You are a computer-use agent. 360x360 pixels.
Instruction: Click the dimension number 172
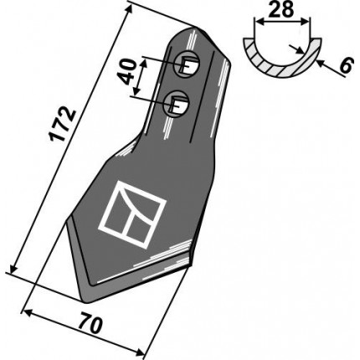coord(63,124)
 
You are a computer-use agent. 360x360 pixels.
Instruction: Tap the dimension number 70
coord(90,324)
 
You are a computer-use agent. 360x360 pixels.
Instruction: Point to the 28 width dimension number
coord(282,9)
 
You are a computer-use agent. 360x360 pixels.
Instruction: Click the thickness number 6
coord(346,66)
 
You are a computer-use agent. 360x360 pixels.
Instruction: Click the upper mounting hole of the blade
coord(187,64)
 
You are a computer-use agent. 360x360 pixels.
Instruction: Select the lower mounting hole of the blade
coord(177,104)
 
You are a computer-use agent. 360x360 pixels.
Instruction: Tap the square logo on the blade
coord(132,214)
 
